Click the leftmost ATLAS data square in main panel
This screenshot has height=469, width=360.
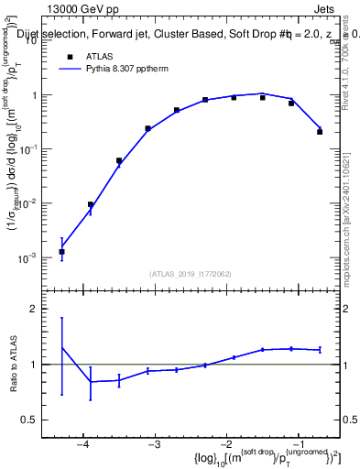[x=61, y=252]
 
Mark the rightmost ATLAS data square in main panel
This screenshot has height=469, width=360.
[x=320, y=132]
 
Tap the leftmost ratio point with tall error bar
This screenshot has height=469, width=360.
[x=61, y=347]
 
